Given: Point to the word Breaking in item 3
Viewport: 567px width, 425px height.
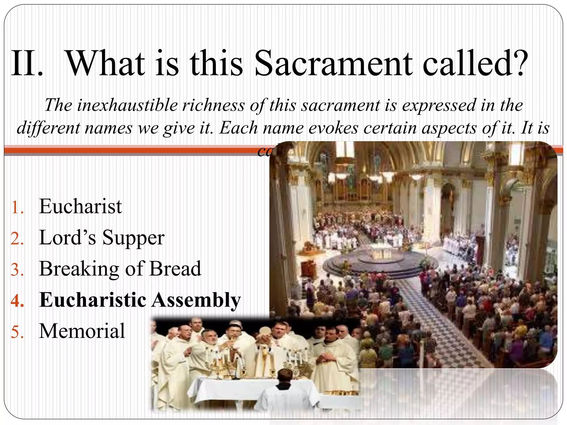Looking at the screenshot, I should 79,269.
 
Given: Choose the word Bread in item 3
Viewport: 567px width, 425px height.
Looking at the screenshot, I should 175,269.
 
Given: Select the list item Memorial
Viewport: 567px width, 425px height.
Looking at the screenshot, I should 82,331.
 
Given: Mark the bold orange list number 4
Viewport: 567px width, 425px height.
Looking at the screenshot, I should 17,301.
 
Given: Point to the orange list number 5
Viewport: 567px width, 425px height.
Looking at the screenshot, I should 17,332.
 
